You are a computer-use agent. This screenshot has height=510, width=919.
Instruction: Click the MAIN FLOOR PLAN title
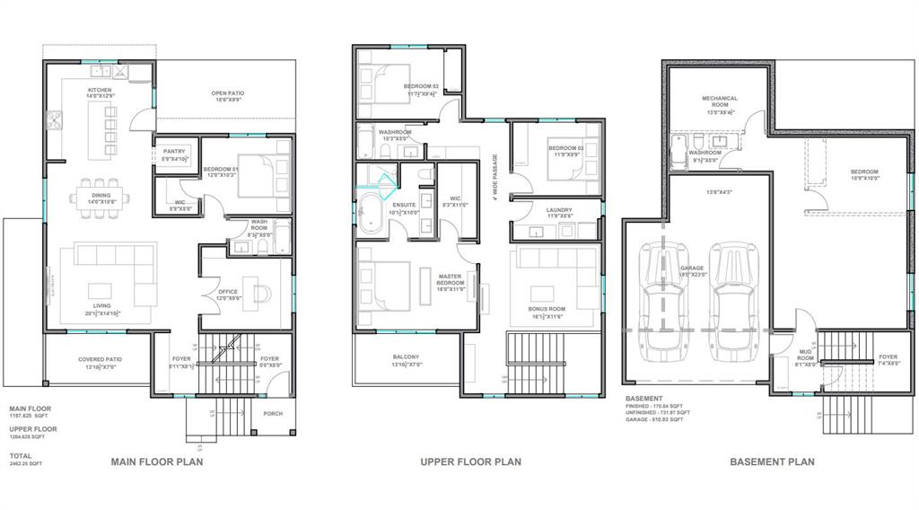(x=156, y=462)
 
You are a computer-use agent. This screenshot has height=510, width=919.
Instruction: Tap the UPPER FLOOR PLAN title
(x=471, y=462)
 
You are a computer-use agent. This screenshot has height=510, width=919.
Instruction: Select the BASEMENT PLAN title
(x=772, y=462)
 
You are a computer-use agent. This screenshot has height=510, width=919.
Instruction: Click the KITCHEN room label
(x=100, y=91)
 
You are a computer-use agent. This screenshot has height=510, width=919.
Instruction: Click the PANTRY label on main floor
(x=173, y=152)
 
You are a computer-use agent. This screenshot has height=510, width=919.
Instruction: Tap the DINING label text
(x=101, y=195)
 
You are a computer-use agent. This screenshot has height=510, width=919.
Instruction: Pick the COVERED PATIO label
(x=100, y=359)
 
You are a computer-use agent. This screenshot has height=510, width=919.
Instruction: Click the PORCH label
(x=273, y=414)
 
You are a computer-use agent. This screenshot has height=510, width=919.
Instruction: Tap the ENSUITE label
(x=391, y=206)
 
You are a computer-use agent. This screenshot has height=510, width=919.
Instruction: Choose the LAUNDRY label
(x=559, y=210)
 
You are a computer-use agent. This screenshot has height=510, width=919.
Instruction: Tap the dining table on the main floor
(x=101, y=197)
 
